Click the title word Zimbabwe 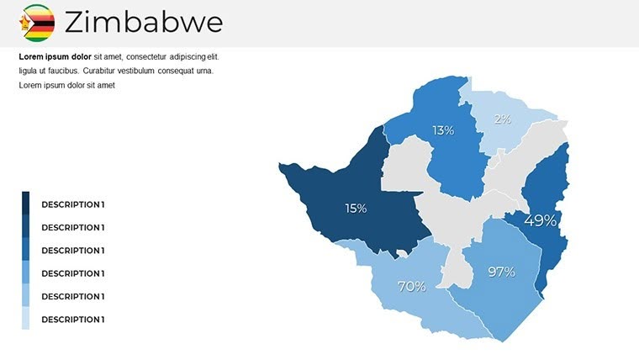tap(143, 23)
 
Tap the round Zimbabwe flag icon tap(38, 23)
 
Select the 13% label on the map tap(443, 130)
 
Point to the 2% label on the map tap(502, 119)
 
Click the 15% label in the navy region tap(356, 208)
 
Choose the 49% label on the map tap(540, 220)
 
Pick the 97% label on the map tap(501, 272)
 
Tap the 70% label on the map tap(411, 286)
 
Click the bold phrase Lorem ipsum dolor tap(55, 56)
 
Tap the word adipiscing tap(185, 56)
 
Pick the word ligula tap(29, 71)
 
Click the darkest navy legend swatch tap(25, 203)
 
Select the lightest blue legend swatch tap(25, 319)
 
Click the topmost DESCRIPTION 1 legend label tap(73, 204)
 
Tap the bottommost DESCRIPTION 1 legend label tap(73, 320)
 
